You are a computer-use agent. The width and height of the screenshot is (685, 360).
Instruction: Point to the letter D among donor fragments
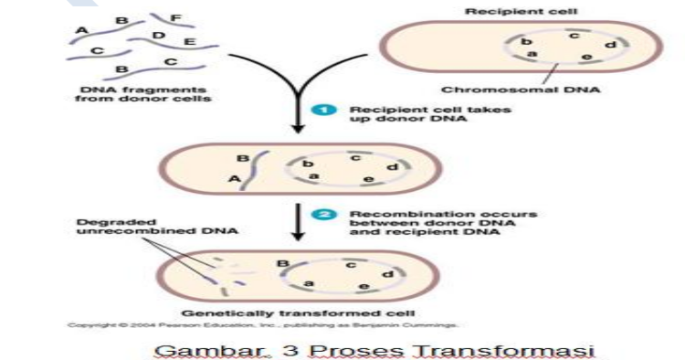point(158,36)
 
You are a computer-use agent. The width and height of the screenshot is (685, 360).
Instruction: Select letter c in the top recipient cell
point(574,36)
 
